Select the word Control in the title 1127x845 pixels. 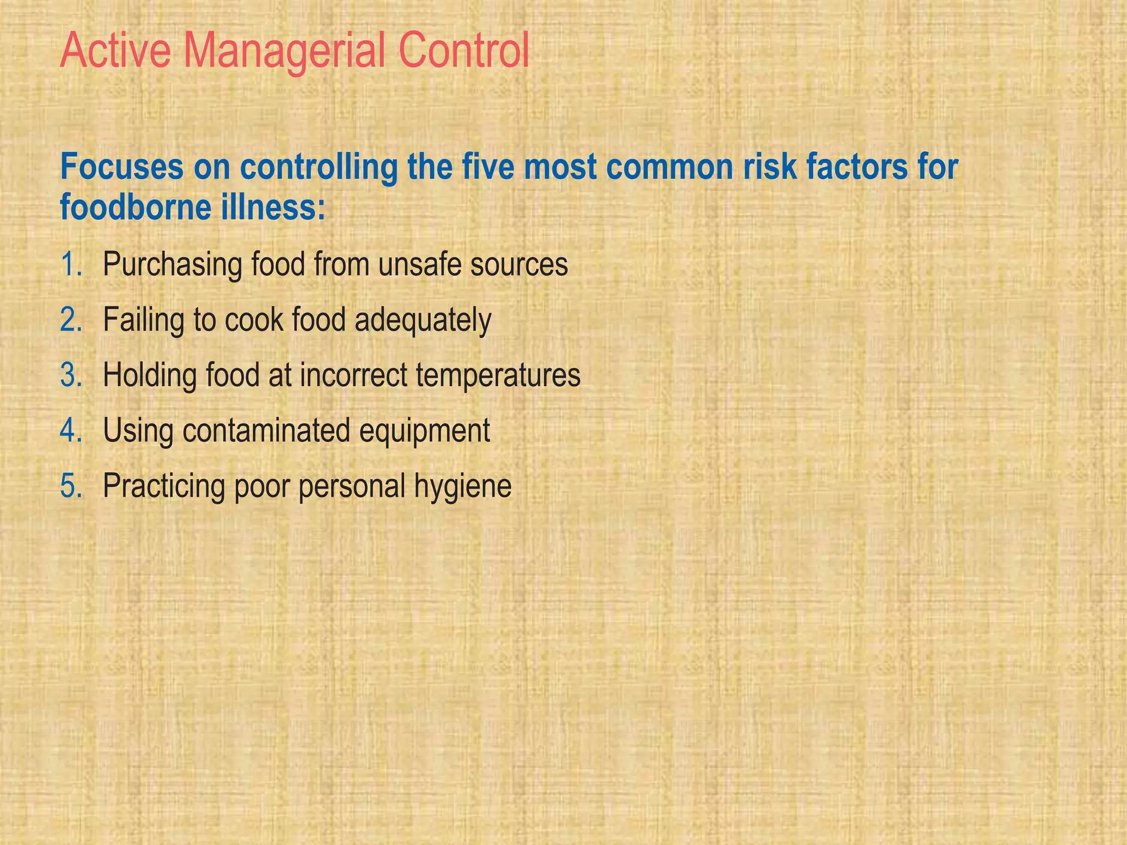(464, 51)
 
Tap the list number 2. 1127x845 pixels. (71, 320)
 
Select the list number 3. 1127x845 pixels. (71, 375)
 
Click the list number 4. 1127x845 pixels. (71, 430)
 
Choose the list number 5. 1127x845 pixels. (71, 486)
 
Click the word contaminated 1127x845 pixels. (266, 430)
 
